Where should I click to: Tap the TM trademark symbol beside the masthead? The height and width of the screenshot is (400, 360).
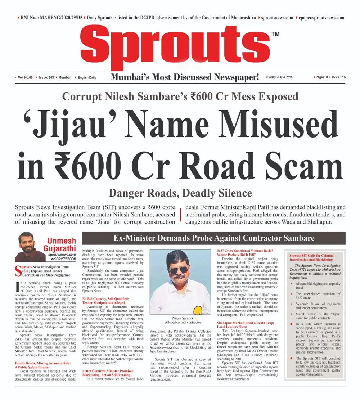click(275, 34)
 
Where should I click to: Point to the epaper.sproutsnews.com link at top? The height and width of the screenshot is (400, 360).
click(320, 17)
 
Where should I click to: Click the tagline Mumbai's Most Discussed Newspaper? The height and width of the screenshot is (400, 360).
click(185, 77)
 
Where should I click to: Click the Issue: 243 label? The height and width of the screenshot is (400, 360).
click(46, 77)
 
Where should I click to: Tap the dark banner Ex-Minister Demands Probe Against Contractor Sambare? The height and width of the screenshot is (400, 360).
click(214, 238)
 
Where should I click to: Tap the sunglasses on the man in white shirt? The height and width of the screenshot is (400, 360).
click(179, 270)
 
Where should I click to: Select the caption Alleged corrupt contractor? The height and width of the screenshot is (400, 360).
click(180, 323)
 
